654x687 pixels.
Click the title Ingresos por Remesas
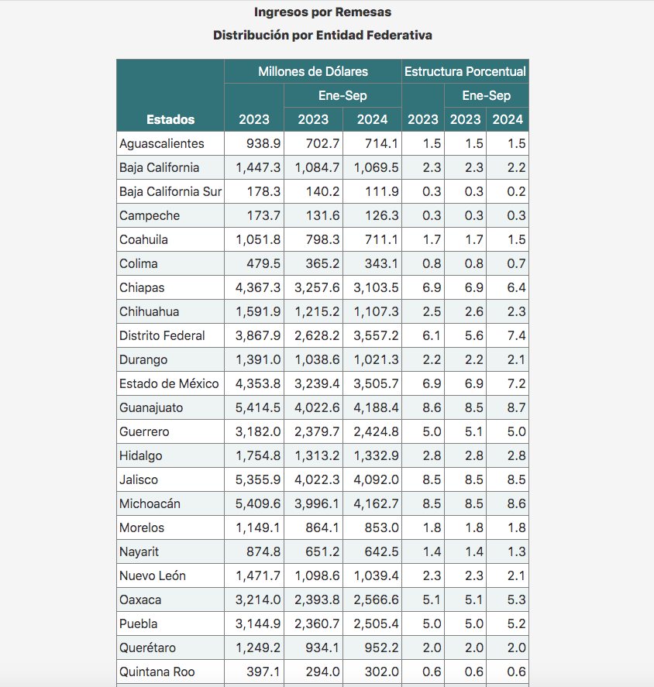pyautogui.click(x=322, y=12)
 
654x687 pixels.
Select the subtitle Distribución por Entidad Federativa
pyautogui.click(x=322, y=36)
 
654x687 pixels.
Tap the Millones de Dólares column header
pyautogui.click(x=313, y=71)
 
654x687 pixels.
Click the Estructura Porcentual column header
pyautogui.click(x=465, y=71)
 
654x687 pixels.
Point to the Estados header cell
pyautogui.click(x=170, y=119)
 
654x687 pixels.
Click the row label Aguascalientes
pyautogui.click(x=162, y=143)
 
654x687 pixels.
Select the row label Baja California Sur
pyautogui.click(x=170, y=191)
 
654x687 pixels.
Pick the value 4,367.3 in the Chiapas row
pyautogui.click(x=256, y=287)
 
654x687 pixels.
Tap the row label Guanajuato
pyautogui.click(x=151, y=407)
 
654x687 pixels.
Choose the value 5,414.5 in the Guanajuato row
pyautogui.click(x=256, y=407)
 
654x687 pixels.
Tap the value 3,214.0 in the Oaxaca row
pyautogui.click(x=256, y=599)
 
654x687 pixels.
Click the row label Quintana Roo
pyautogui.click(x=153, y=672)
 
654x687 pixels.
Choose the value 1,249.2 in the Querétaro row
pyautogui.click(x=256, y=647)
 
